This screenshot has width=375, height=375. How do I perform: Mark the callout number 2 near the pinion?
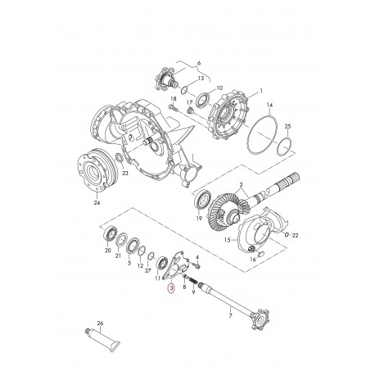241,186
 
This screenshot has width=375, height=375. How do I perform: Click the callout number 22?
295,235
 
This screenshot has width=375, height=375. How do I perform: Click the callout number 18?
173,98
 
